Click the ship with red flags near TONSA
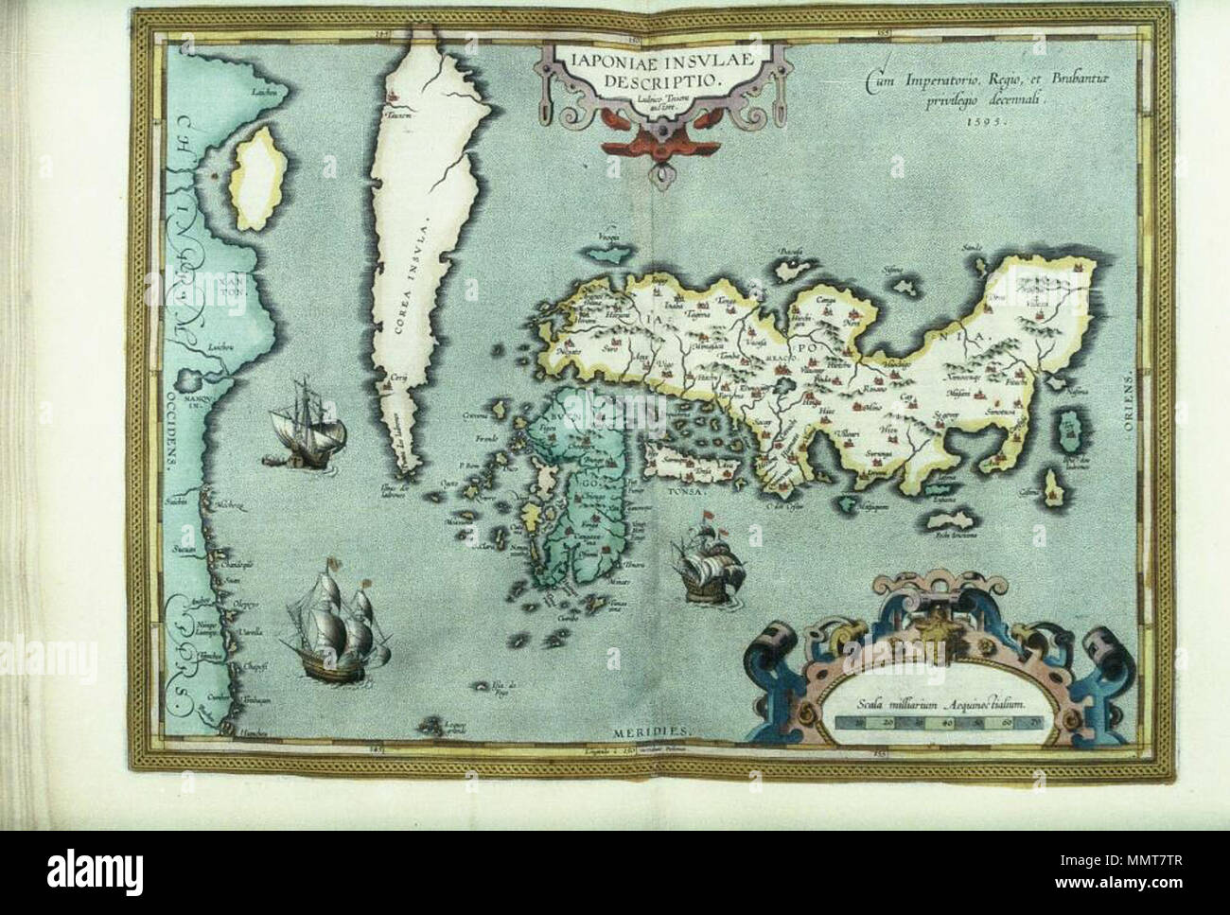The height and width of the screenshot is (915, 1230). [x=701, y=562]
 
